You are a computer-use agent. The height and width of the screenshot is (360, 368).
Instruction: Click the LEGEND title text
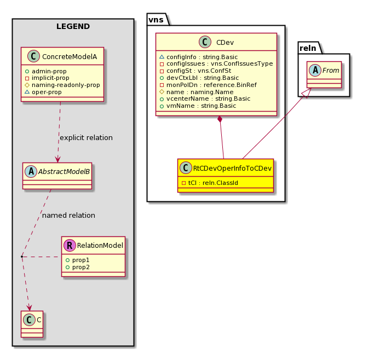(73, 26)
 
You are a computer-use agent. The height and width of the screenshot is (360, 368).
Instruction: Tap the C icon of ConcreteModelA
(33, 56)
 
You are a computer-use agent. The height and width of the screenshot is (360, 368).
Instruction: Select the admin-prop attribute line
(46, 71)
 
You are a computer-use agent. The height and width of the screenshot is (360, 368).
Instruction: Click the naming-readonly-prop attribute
(62, 85)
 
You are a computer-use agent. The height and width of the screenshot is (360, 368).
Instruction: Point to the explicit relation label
(86, 138)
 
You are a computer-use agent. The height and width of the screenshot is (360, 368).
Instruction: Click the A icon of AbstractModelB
(31, 171)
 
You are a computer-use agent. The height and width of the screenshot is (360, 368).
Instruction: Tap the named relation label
(68, 216)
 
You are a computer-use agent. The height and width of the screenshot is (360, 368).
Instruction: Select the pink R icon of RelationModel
(70, 245)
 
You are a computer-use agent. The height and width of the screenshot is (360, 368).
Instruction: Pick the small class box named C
(32, 324)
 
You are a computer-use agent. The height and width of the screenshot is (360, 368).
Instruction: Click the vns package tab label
(156, 20)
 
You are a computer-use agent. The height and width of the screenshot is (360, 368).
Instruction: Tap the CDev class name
(225, 43)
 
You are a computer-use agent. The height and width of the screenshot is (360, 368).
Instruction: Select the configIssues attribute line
(216, 64)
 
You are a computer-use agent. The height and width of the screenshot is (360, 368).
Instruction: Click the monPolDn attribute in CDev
(208, 85)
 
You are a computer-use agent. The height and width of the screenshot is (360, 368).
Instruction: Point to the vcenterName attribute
(205, 98)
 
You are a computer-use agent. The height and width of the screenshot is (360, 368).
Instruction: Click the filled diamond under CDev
(220, 119)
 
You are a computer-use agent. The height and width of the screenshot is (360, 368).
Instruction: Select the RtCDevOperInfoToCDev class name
(232, 168)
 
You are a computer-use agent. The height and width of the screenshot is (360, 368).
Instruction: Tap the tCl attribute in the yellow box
(210, 183)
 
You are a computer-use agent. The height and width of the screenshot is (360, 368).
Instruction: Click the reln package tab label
(308, 48)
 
